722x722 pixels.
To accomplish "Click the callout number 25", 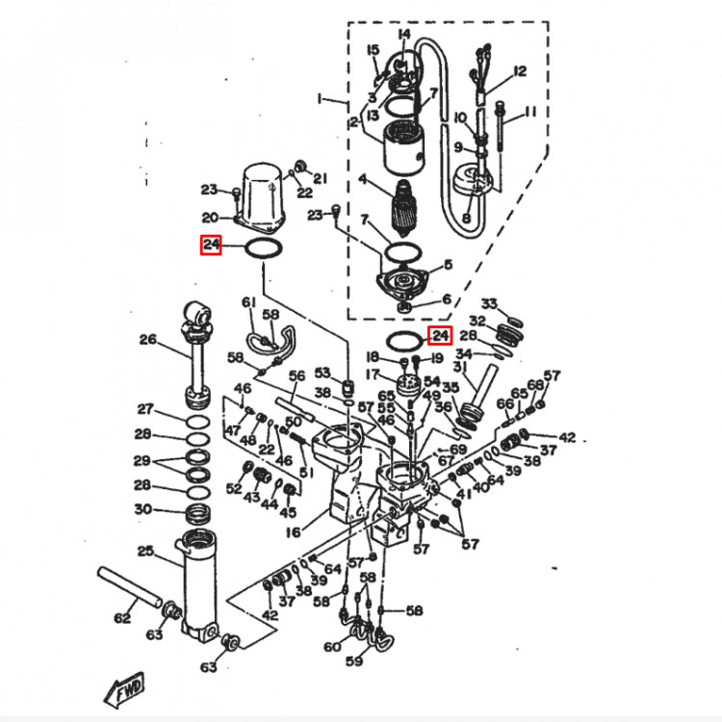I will [146, 551].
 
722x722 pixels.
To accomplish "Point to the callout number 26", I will [147, 339].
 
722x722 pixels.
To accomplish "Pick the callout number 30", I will [142, 509].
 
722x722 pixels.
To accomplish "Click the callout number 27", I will [144, 408].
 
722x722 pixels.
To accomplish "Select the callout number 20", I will [210, 218].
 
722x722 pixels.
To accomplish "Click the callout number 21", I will [321, 177].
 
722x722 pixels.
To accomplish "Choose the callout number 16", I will [293, 529].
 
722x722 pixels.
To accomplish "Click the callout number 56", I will [297, 375].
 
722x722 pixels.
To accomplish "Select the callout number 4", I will [363, 179].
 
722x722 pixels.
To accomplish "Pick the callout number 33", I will [489, 304].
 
